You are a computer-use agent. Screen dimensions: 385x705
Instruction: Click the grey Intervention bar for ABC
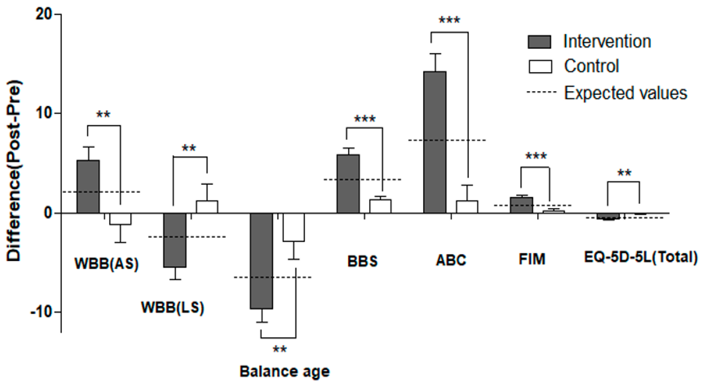click(x=435, y=142)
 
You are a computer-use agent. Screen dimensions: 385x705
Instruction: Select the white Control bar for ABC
click(x=467, y=207)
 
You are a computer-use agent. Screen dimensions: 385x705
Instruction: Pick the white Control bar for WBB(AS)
click(x=120, y=219)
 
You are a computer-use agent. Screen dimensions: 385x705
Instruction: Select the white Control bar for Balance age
click(x=294, y=227)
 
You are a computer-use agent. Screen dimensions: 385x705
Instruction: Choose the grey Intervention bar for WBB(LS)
click(x=175, y=240)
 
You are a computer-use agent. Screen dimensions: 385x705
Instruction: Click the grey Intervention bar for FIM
click(x=522, y=205)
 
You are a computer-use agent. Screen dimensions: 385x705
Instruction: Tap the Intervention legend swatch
click(x=539, y=42)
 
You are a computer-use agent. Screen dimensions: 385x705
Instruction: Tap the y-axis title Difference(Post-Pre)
click(x=14, y=171)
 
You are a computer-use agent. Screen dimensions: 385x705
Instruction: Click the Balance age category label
click(x=285, y=372)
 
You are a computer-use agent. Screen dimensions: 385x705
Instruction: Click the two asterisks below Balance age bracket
click(x=280, y=349)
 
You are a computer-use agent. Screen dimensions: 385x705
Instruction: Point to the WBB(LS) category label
click(x=172, y=308)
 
